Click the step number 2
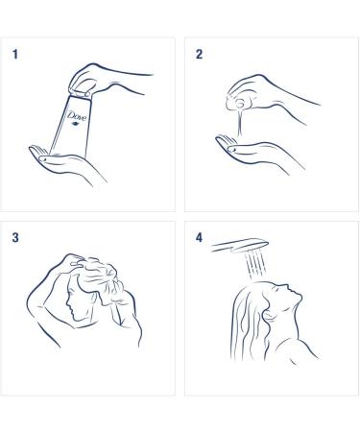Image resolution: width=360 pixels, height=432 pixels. tap(200, 55)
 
